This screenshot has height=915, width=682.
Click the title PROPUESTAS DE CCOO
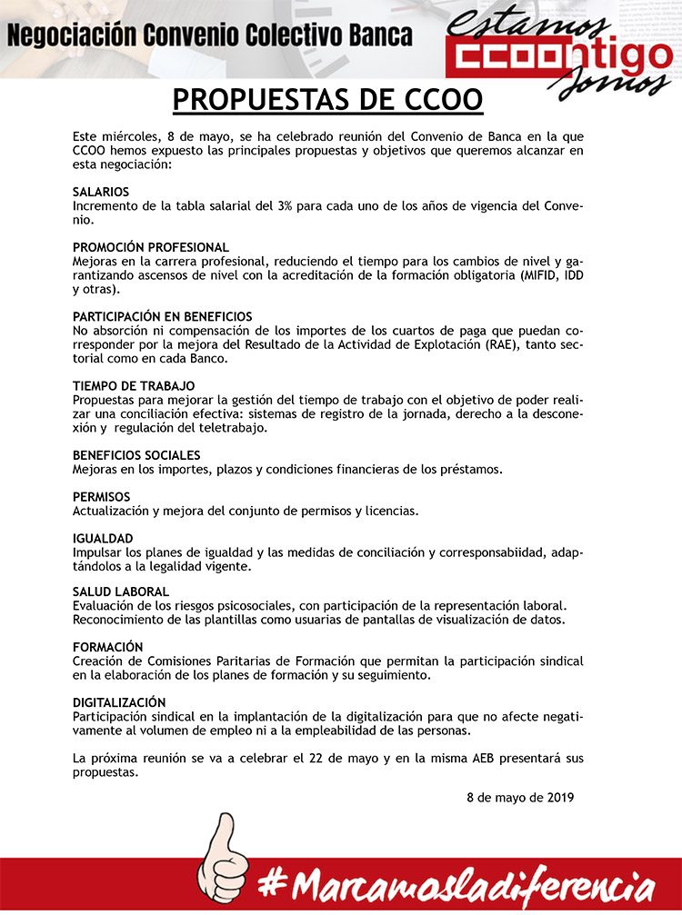[x=327, y=98]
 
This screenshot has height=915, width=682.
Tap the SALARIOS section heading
[x=101, y=192]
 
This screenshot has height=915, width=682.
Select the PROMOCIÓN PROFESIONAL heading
[x=151, y=247]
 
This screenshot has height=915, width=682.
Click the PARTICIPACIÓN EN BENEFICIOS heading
[x=163, y=316]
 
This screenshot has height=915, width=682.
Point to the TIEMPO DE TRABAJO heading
[x=134, y=386]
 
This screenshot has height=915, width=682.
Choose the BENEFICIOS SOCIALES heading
[x=136, y=454]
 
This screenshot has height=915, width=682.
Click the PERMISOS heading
[x=101, y=496]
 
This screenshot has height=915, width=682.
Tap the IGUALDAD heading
[x=103, y=538]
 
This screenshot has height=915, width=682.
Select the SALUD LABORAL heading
[x=121, y=592]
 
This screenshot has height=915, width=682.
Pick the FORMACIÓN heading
[x=108, y=646]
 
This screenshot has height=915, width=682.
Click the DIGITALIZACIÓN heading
[x=119, y=701]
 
